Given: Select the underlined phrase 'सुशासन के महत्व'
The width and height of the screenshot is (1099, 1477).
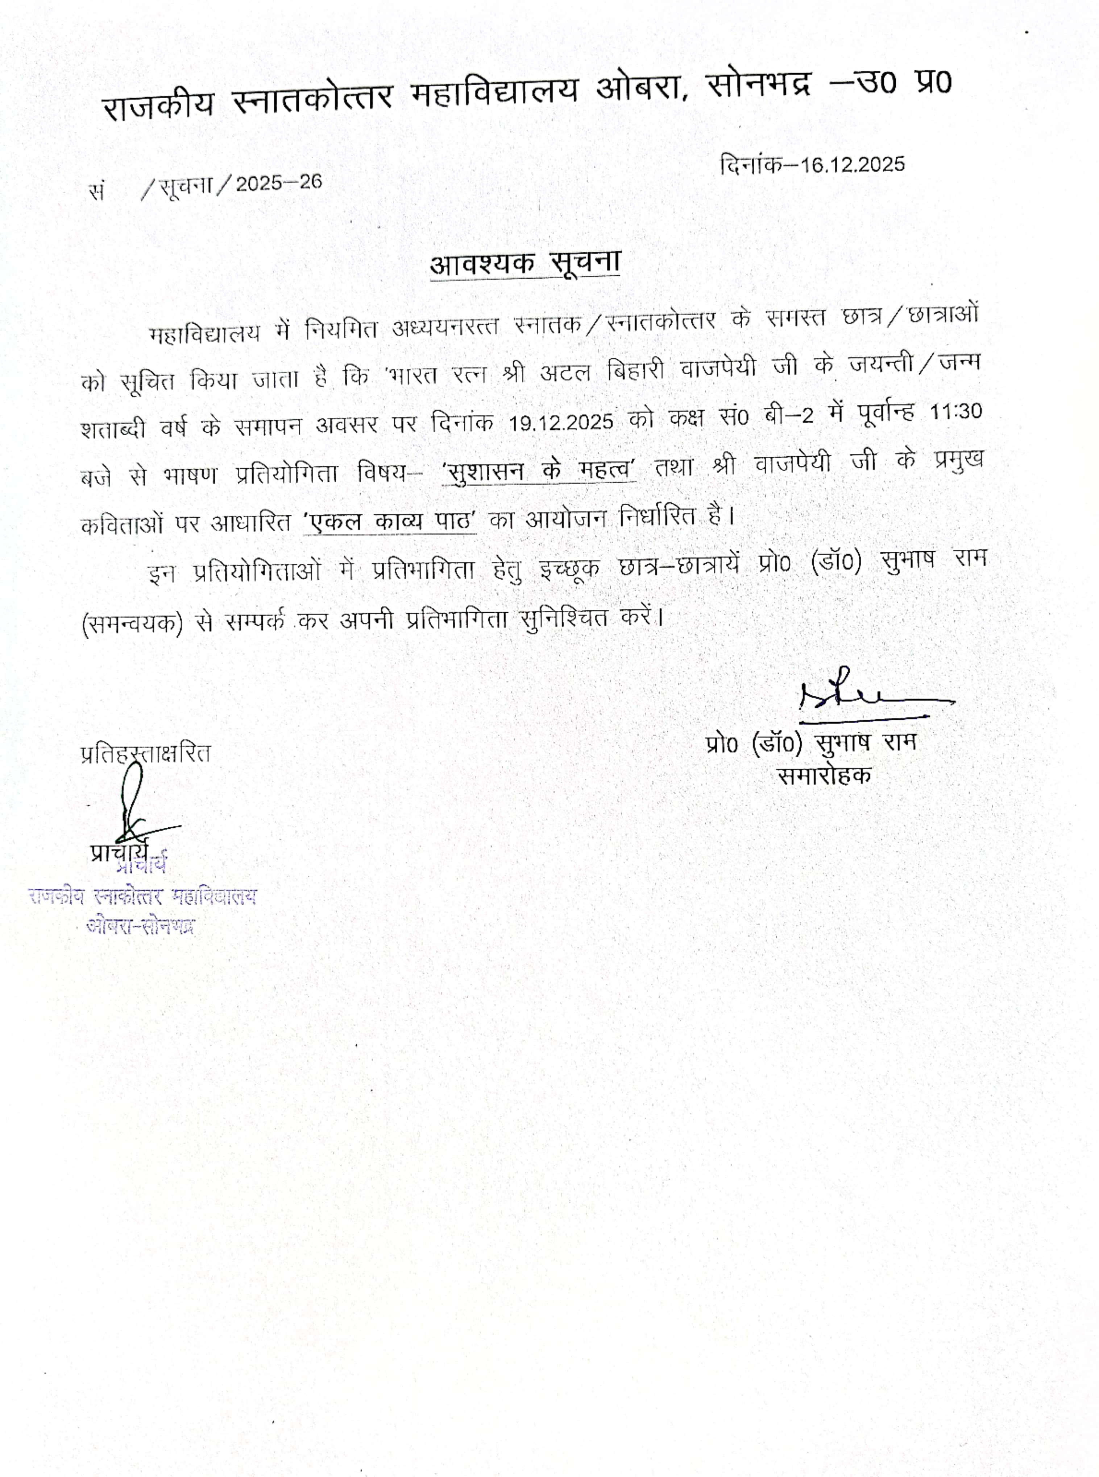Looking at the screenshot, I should tap(539, 470).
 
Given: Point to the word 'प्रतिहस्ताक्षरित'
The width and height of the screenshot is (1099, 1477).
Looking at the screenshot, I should tap(145, 753).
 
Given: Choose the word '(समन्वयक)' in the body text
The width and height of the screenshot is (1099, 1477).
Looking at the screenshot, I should tap(131, 624).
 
